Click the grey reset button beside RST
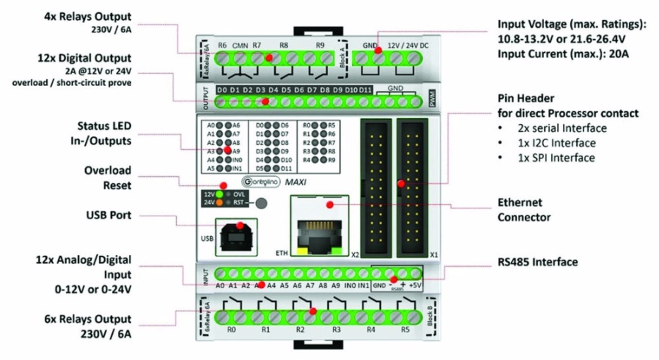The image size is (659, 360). tap(262, 203)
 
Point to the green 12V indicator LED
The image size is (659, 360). tap(219, 194)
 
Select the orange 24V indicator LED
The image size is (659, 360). tap(219, 203)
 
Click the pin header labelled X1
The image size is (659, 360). tap(412, 188)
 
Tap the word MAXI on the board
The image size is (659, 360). tap(297, 181)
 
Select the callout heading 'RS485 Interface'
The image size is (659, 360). tap(537, 262)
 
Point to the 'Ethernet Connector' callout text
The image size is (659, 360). tap(524, 210)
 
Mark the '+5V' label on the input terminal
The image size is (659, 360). tap(415, 285)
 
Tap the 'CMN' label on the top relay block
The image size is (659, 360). tap(240, 45)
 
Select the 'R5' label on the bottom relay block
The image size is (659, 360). tap(405, 330)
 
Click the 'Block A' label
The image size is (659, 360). tap(344, 54)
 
